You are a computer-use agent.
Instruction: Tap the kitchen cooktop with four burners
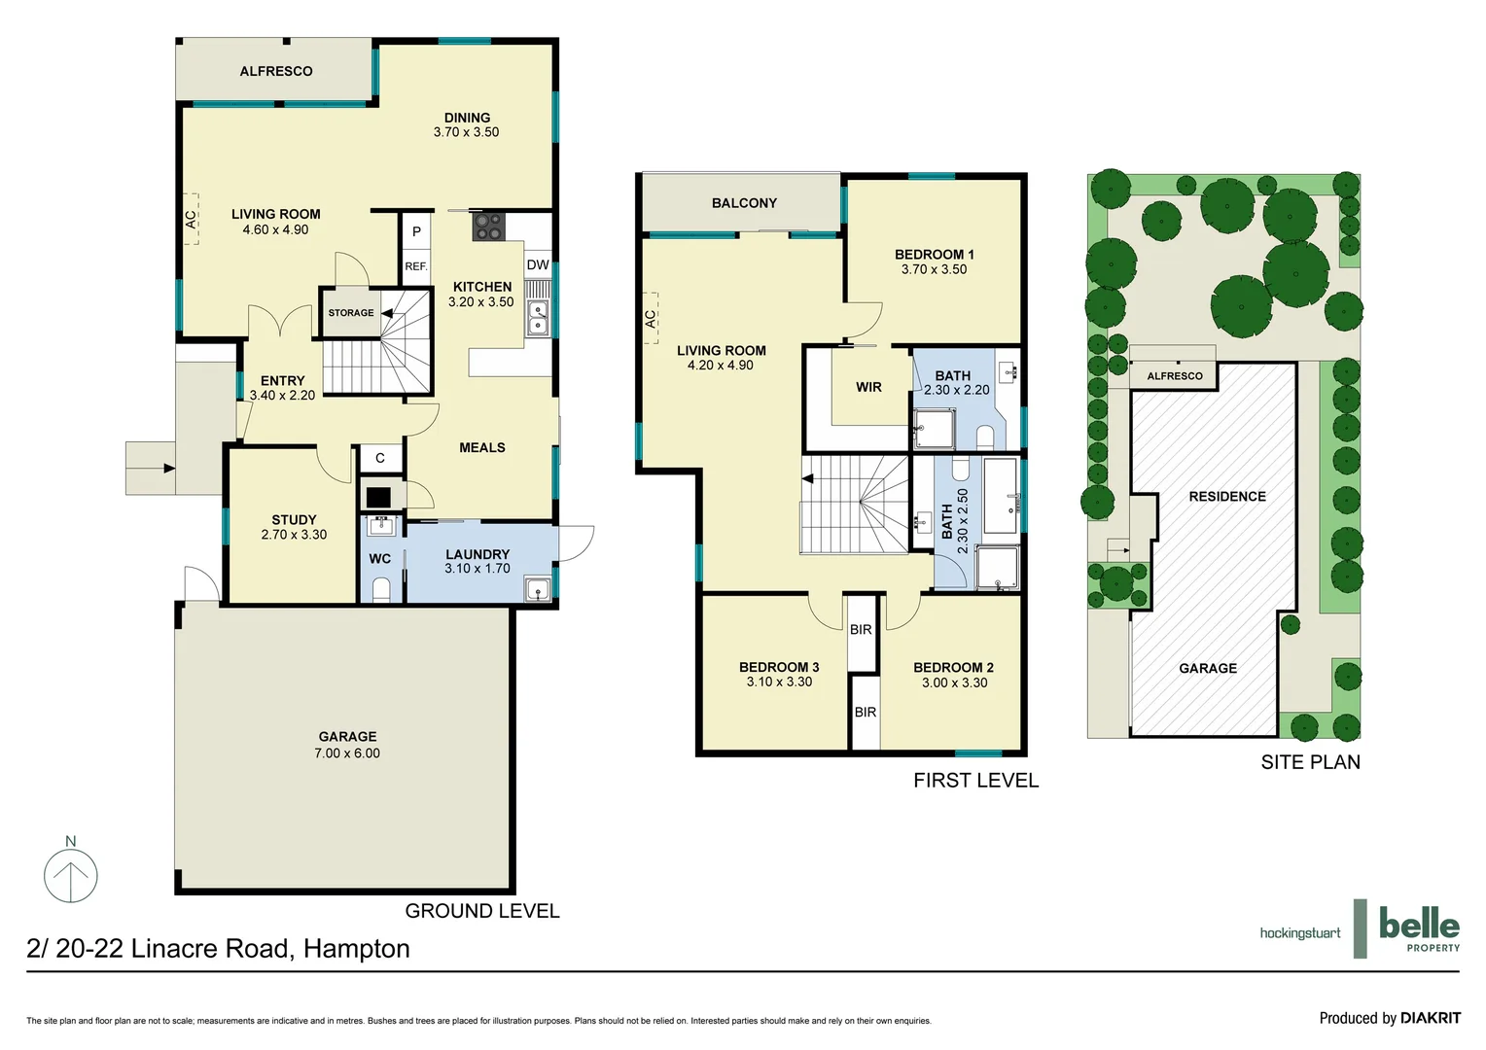(486, 227)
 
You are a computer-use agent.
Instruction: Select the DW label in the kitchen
(538, 264)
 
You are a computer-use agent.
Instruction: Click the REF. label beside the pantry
(416, 266)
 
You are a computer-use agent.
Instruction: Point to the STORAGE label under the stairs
(350, 313)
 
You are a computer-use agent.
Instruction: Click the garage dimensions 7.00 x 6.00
(347, 753)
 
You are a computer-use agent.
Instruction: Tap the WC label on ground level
(379, 559)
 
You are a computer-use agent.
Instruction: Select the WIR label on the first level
(868, 387)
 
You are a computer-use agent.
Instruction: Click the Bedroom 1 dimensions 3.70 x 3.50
(934, 269)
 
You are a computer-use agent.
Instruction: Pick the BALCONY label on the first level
(744, 203)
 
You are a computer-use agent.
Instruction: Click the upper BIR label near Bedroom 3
(861, 630)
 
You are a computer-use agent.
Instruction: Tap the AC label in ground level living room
(191, 220)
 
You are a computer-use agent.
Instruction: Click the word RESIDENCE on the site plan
(1227, 497)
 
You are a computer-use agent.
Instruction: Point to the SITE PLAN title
(1310, 762)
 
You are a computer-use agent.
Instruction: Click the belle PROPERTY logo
(1419, 928)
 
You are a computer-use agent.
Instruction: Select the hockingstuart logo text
(1299, 933)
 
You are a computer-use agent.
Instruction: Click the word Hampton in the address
(356, 949)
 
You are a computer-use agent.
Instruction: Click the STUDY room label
(294, 520)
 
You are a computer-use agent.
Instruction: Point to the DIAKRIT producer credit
(1430, 1018)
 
